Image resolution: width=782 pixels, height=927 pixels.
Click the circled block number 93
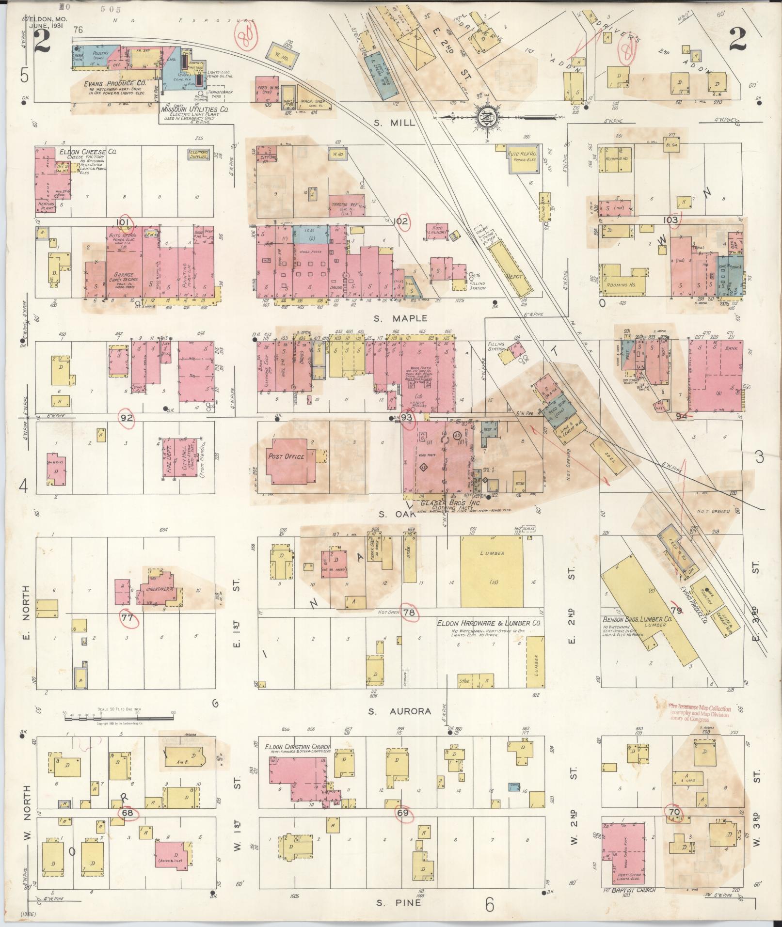pyautogui.click(x=408, y=418)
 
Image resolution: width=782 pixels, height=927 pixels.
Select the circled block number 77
pyautogui.click(x=128, y=618)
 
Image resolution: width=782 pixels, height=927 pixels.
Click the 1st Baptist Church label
pyautogui.click(x=629, y=890)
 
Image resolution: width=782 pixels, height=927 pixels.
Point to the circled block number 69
pyautogui.click(x=403, y=813)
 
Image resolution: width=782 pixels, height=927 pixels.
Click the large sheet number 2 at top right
pyautogui.click(x=737, y=40)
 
